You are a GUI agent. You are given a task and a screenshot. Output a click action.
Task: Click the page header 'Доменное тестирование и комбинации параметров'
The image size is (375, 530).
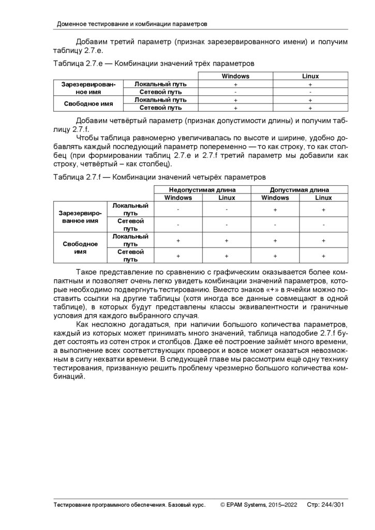coord(132,24)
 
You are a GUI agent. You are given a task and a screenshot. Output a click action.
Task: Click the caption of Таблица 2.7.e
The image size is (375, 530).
coord(154,64)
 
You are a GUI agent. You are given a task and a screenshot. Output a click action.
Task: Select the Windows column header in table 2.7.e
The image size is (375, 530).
coord(235,76)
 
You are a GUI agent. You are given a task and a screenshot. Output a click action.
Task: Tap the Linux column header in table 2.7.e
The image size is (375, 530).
coord(310,76)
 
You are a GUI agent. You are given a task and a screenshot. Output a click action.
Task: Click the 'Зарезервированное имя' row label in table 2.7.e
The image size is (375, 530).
coord(88,87)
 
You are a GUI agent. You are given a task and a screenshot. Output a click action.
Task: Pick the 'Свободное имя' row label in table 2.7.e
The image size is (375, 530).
coord(88,104)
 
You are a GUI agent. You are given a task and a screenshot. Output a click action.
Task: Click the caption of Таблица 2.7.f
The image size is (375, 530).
coord(159,177)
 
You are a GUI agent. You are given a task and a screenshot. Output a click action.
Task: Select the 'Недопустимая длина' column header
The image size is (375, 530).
coord(202,189)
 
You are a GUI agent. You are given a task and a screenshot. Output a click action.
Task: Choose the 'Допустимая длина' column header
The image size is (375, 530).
coord(299,189)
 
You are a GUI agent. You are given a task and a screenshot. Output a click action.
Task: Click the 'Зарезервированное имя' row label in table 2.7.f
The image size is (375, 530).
coord(80,217)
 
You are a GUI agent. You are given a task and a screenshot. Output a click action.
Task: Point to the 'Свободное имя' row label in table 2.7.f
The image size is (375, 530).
coord(80,248)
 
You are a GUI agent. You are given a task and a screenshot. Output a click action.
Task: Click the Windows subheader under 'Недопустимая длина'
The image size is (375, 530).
coord(178,198)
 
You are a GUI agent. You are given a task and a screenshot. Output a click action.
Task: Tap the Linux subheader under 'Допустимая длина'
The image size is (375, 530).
coord(324,198)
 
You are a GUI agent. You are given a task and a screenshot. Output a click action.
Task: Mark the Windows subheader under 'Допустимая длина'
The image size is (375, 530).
coord(275,198)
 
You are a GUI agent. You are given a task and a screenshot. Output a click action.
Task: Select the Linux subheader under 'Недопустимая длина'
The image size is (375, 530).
coord(227,198)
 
